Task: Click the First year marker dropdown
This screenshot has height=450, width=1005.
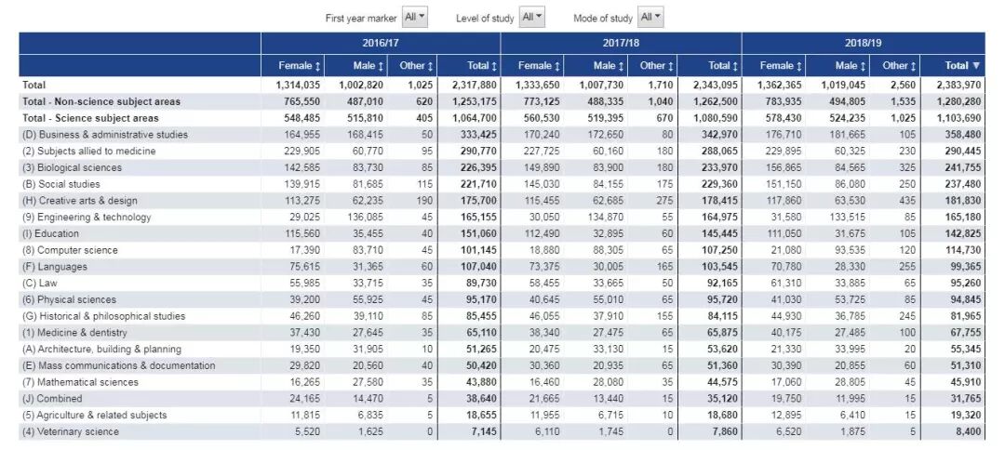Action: [x=414, y=18]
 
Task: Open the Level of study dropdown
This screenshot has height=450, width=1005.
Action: [x=532, y=18]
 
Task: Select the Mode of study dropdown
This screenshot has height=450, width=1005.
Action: [x=651, y=18]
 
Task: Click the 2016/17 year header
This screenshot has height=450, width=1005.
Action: [x=381, y=43]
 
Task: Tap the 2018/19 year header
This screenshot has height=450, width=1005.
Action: [x=863, y=43]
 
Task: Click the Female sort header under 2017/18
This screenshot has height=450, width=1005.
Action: [x=539, y=66]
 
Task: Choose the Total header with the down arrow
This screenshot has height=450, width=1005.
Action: [x=962, y=66]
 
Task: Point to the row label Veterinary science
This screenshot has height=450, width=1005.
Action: [x=71, y=431]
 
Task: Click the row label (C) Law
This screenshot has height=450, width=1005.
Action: [x=42, y=284]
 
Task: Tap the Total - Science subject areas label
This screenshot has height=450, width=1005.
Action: [x=90, y=118]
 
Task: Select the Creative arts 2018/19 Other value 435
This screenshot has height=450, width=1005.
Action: [x=899, y=201]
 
